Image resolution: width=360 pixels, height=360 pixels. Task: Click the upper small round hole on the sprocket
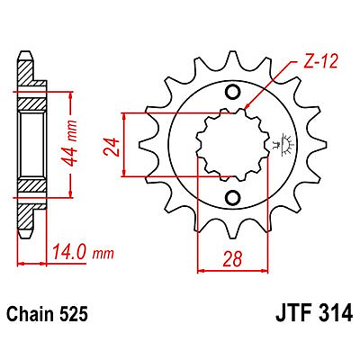[x=233, y=92]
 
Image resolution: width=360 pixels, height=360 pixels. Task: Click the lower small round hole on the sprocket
[x=233, y=197]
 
